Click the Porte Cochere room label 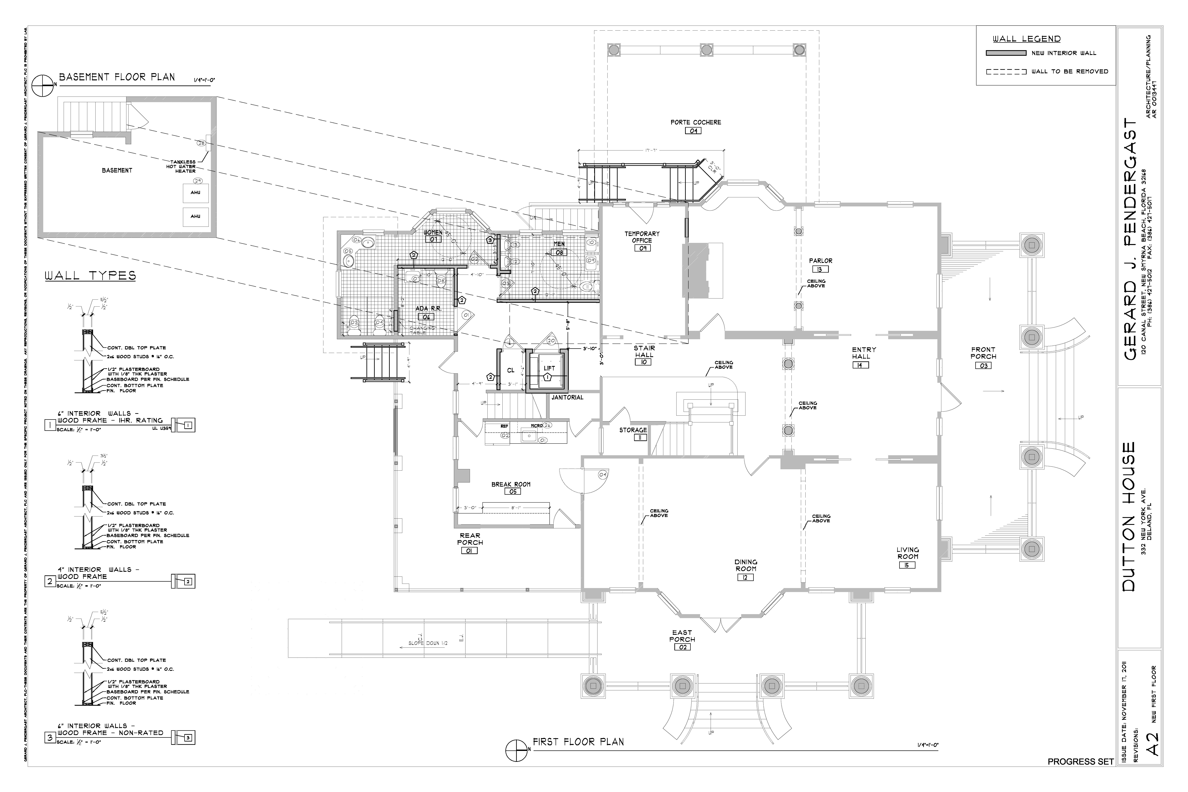coord(695,122)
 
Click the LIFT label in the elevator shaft coord(549,368)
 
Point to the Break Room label coord(511,484)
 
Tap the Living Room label coord(908,553)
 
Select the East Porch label coord(682,636)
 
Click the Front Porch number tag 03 coord(983,366)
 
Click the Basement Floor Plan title coord(117,77)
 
